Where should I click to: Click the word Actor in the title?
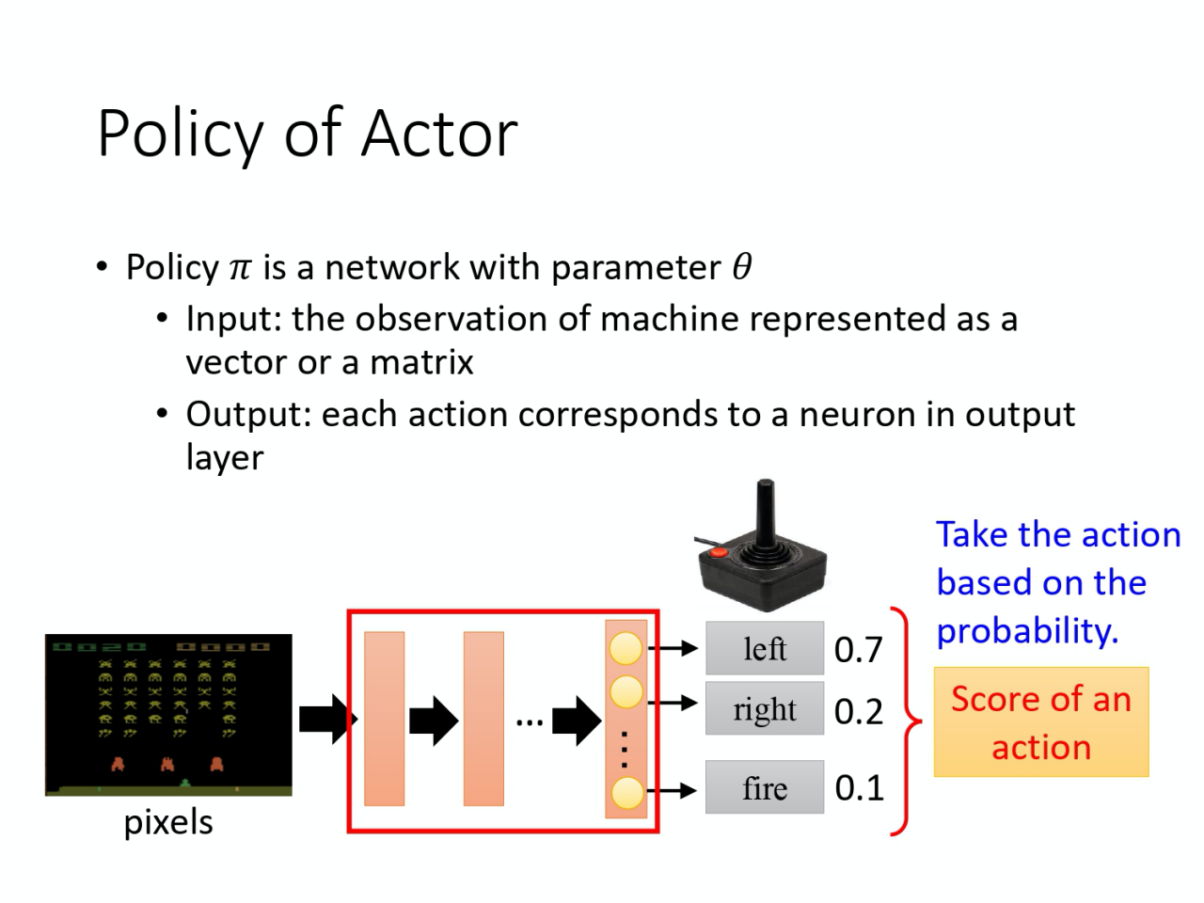438,134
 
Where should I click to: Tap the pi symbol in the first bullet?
241,269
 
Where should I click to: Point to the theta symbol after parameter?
742,267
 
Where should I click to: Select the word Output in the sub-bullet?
248,415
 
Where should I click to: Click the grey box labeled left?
765,648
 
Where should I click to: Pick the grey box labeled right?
765,709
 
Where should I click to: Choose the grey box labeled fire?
765,787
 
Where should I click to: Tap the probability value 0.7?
858,650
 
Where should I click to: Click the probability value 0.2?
858,712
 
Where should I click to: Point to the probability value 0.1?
859,788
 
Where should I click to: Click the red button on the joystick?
719,552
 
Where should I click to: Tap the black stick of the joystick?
766,513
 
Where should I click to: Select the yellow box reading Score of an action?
1040,722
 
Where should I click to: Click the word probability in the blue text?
1026,631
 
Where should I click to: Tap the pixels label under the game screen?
168,823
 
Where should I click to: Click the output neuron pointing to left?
626,648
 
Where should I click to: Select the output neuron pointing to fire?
626,793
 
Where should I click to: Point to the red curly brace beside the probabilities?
908,721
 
